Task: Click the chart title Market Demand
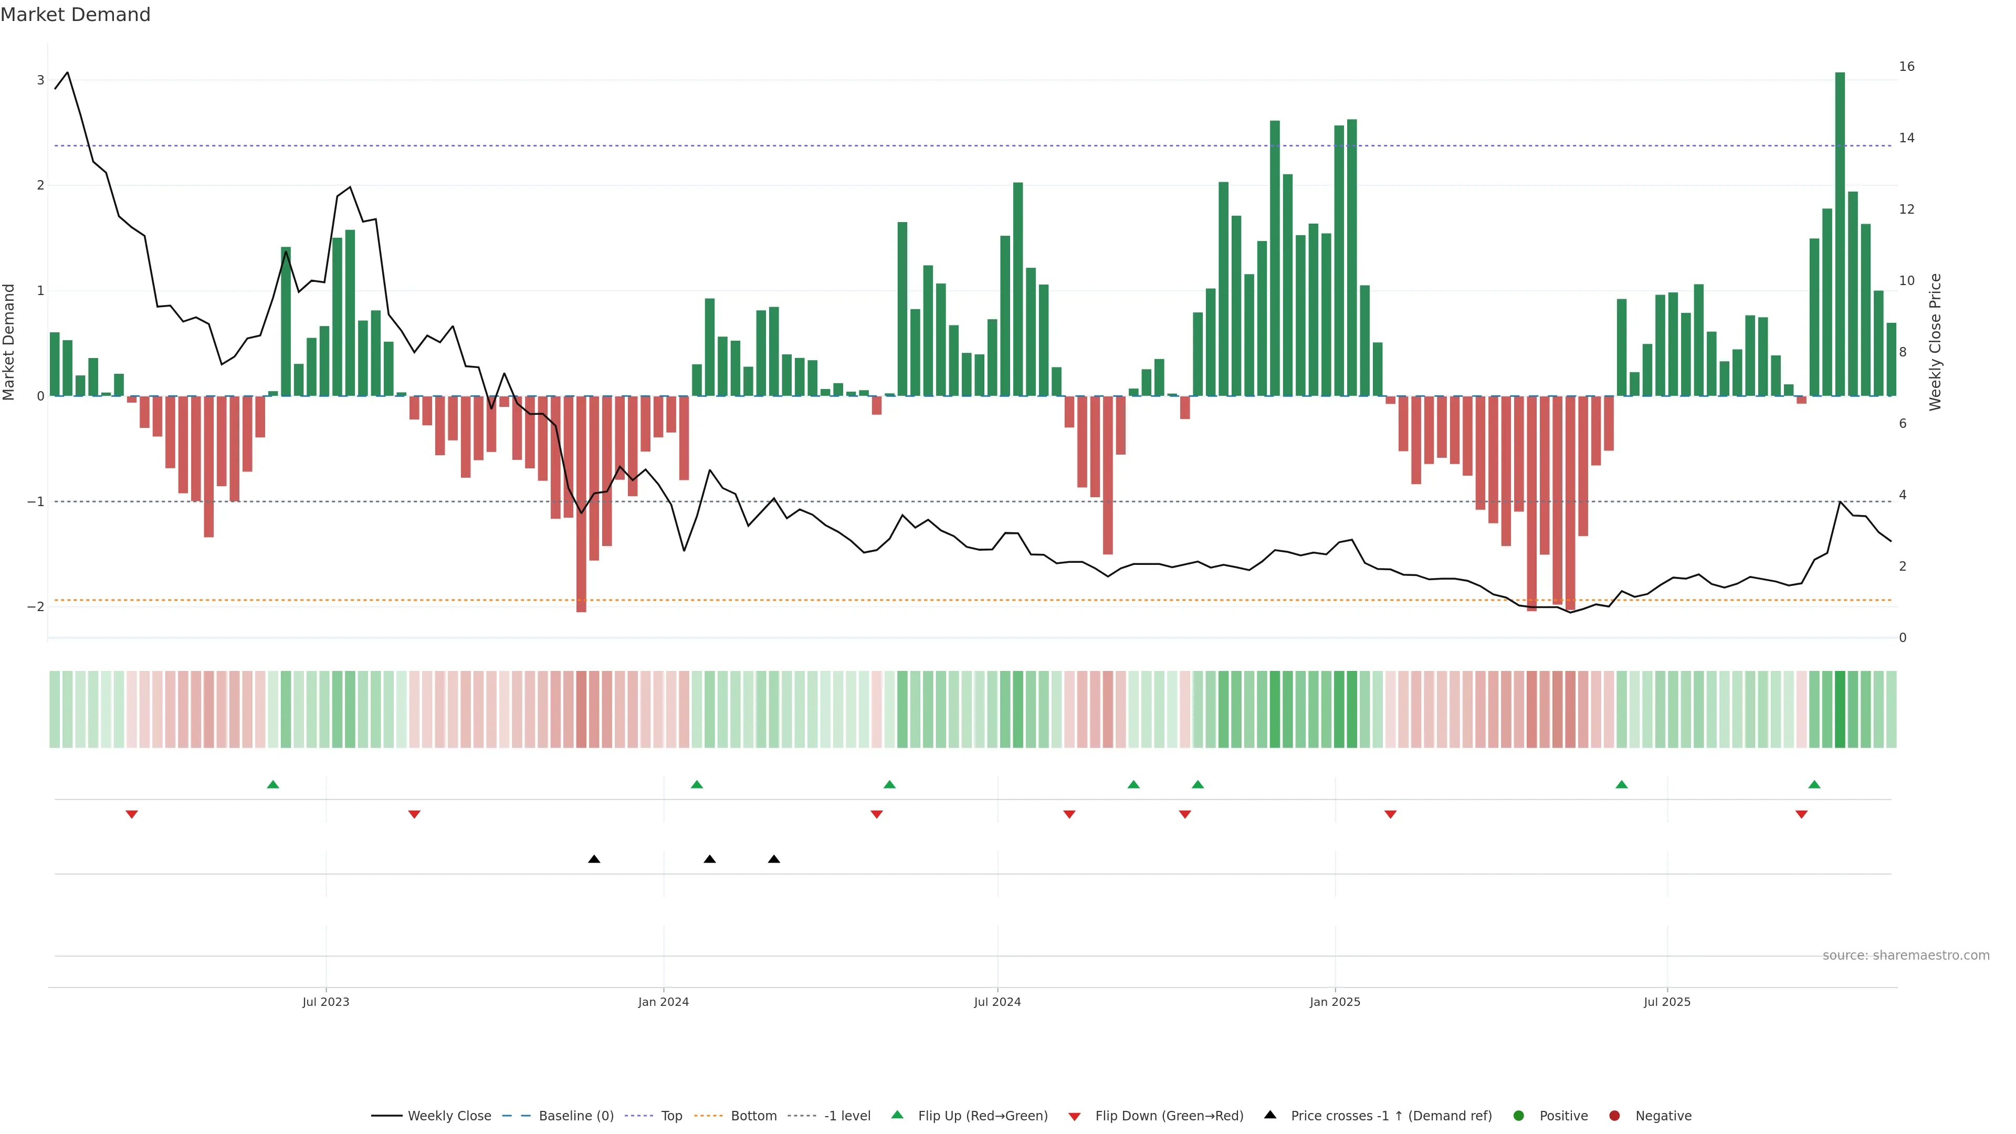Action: point(75,15)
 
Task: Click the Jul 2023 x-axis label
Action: point(325,1002)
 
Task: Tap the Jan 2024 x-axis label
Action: point(663,1002)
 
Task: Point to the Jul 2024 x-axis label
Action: point(997,1002)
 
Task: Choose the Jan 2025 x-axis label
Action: point(1335,1002)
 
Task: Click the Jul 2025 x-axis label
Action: point(1667,1002)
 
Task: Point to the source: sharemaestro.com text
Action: point(1906,955)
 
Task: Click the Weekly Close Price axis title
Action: point(1935,342)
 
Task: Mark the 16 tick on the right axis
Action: point(1906,67)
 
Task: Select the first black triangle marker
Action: point(594,859)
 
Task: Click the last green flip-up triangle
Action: point(1814,784)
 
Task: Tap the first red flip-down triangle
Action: point(131,815)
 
